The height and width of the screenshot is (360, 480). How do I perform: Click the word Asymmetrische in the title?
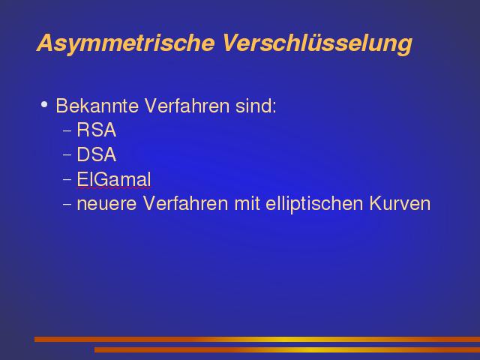(125, 43)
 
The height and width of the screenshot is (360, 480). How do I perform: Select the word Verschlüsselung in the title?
(317, 43)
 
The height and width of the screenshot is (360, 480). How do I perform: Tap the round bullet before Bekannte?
(44, 105)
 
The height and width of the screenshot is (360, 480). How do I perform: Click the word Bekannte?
(97, 106)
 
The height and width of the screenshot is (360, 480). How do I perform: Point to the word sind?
(256, 106)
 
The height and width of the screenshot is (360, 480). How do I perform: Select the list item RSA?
(97, 130)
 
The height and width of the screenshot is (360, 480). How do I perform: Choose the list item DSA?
(97, 154)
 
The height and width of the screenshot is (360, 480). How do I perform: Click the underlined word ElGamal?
(114, 179)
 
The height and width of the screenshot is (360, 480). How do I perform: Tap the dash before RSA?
(67, 130)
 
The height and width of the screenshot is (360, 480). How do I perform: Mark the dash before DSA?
(67, 155)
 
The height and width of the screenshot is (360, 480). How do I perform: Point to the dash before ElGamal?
(67, 179)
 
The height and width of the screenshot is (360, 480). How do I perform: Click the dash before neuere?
(67, 204)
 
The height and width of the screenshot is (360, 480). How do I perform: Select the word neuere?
(106, 204)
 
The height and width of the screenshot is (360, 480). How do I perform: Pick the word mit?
(247, 203)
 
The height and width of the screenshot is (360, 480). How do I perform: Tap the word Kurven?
(400, 203)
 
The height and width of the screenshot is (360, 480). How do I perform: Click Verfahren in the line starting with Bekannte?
(187, 106)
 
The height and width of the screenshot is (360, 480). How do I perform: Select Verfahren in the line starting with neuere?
(186, 203)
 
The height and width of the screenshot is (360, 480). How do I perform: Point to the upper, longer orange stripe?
(257, 339)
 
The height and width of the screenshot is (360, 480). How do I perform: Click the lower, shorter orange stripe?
(287, 350)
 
